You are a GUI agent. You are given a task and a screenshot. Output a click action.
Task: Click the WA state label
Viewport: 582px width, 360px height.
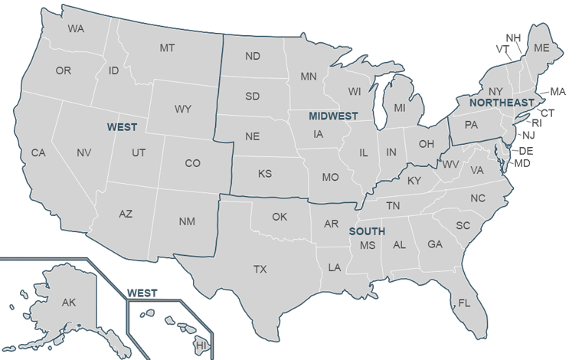click(x=76, y=29)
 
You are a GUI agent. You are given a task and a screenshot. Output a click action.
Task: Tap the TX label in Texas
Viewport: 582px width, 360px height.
click(x=260, y=269)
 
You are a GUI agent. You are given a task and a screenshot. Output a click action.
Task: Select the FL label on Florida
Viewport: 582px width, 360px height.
click(x=463, y=303)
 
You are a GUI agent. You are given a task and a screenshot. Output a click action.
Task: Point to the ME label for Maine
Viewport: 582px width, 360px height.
click(x=542, y=47)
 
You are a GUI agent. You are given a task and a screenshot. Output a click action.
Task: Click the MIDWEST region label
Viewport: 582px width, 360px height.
click(x=334, y=116)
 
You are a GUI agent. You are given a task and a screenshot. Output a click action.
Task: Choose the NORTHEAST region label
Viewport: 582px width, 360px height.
click(x=502, y=102)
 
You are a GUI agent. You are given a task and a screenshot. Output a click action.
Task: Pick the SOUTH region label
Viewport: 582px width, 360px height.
click(x=367, y=231)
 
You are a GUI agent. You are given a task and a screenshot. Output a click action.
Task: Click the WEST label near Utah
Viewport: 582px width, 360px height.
click(x=123, y=125)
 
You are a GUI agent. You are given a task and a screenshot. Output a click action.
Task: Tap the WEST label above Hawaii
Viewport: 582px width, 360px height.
click(x=142, y=293)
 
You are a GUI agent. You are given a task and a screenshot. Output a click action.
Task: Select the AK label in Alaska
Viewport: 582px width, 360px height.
click(x=69, y=303)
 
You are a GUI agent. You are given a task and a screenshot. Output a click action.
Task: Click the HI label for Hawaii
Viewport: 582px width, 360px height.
click(x=202, y=346)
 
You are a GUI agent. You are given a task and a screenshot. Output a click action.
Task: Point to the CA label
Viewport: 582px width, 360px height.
click(x=38, y=153)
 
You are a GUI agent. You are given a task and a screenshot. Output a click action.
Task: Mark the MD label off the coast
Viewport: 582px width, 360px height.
click(x=522, y=163)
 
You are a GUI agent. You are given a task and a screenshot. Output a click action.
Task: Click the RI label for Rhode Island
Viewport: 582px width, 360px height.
click(x=536, y=123)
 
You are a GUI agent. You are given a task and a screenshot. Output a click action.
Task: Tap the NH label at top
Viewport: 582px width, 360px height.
click(x=514, y=38)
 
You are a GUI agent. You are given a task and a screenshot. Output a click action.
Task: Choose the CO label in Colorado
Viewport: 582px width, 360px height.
click(x=193, y=163)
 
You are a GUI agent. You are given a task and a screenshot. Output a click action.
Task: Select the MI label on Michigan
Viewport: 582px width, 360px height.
click(x=400, y=108)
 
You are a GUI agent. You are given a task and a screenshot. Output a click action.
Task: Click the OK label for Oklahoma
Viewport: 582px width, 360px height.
click(x=280, y=217)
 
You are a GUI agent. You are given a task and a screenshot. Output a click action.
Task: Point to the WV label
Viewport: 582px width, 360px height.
click(x=451, y=165)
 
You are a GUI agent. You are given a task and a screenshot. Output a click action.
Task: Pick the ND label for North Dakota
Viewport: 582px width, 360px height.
click(x=253, y=56)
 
